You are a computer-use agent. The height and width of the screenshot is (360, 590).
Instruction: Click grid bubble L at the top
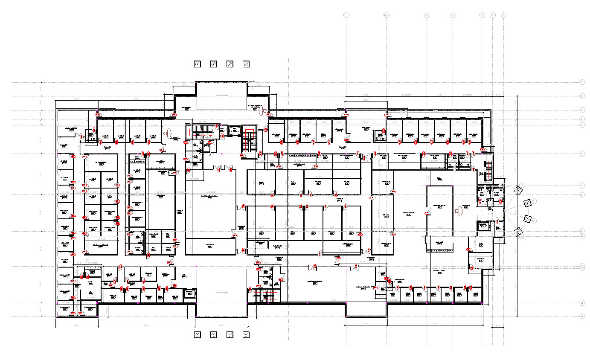346,15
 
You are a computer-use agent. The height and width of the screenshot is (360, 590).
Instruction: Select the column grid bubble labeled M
386,15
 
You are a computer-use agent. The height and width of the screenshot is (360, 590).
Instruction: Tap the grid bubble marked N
427,15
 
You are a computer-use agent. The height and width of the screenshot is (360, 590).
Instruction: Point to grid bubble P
453,15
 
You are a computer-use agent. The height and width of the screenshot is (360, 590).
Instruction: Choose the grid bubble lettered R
482,15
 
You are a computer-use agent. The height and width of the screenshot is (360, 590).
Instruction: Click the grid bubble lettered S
492,15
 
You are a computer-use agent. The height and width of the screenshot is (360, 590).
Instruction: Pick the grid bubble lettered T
503,15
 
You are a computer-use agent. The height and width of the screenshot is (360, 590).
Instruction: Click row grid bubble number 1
582,82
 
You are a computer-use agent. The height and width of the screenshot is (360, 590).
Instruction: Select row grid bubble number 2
582,96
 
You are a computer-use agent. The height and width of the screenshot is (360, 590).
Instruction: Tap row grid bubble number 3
582,110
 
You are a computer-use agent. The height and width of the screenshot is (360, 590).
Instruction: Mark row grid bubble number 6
582,153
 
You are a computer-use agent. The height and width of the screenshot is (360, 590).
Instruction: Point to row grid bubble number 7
582,186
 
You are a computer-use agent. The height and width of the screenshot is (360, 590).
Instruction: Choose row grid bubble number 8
582,195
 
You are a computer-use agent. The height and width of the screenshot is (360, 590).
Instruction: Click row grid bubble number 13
582,303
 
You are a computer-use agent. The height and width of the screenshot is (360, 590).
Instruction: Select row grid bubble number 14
582,316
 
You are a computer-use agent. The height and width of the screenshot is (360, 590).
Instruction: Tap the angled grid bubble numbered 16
534,201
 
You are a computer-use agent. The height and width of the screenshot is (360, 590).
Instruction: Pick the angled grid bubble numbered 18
533,221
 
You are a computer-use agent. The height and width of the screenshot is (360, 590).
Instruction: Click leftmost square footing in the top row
198,64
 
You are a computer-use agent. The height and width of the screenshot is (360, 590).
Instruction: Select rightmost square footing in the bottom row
246,334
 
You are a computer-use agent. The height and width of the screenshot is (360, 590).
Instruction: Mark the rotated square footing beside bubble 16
527,202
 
